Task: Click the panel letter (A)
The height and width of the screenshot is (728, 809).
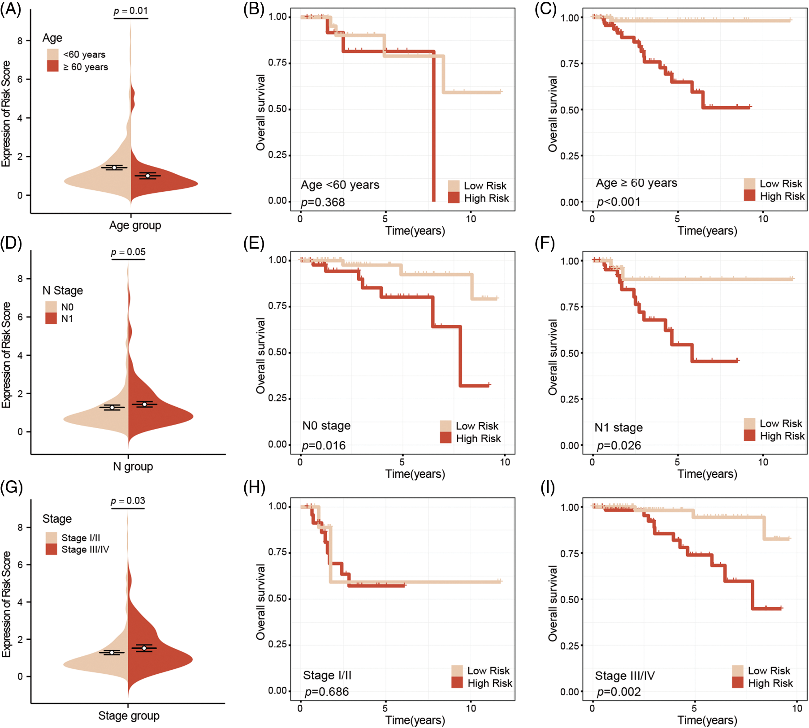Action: pyautogui.click(x=10, y=9)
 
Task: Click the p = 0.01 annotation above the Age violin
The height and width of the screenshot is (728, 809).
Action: pyautogui.click(x=130, y=11)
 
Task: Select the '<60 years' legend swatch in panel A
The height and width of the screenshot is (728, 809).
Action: pyautogui.click(x=53, y=54)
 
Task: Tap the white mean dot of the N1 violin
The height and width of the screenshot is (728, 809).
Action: pyautogui.click(x=144, y=405)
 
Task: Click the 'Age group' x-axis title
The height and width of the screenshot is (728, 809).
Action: pyautogui.click(x=135, y=225)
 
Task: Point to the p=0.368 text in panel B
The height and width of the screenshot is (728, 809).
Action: pyautogui.click(x=323, y=202)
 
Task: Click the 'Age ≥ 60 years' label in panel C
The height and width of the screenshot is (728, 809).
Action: pyautogui.click(x=636, y=183)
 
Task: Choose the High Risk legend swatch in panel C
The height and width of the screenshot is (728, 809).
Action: pyautogui.click(x=749, y=196)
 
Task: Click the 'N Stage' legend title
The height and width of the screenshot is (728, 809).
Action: pyautogui.click(x=63, y=291)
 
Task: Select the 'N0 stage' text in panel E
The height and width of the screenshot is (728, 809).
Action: pyautogui.click(x=326, y=426)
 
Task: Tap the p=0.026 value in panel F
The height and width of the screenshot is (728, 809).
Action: pyautogui.click(x=619, y=446)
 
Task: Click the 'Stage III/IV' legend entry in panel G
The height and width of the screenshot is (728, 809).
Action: pyautogui.click(x=85, y=550)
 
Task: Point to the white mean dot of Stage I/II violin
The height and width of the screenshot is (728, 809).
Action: pyautogui.click(x=112, y=652)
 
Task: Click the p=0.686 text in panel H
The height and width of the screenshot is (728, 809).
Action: pyautogui.click(x=326, y=692)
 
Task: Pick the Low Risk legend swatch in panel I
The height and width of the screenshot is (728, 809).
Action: pyautogui.click(x=738, y=671)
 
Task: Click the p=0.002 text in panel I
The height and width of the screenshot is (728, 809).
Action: pyautogui.click(x=619, y=692)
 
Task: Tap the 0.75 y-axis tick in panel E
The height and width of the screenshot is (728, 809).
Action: pyautogui.click(x=277, y=306)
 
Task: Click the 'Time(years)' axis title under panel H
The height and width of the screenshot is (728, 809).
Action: pyautogui.click(x=415, y=720)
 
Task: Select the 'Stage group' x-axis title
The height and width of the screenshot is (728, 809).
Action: pyautogui.click(x=129, y=716)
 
